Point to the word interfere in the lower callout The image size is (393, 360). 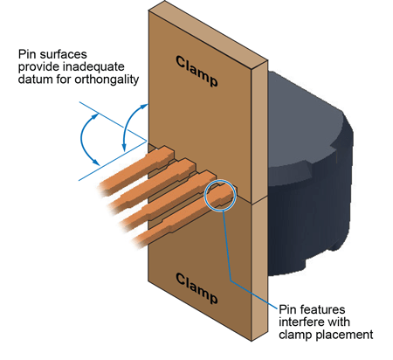[305, 321]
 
